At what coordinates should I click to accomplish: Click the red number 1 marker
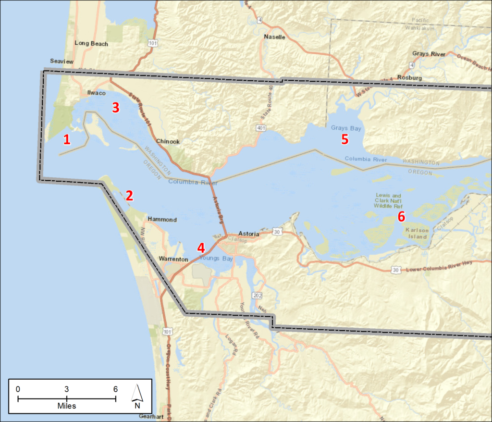click(67, 140)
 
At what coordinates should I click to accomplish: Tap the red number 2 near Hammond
click(129, 195)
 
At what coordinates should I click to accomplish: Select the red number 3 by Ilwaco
click(116, 107)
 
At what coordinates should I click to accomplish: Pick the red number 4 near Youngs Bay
click(201, 248)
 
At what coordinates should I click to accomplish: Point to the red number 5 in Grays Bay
click(344, 140)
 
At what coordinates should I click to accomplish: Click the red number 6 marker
click(401, 217)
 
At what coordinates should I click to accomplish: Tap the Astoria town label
click(249, 234)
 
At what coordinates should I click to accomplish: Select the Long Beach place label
click(91, 44)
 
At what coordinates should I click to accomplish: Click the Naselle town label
click(275, 37)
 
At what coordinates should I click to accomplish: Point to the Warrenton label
click(173, 259)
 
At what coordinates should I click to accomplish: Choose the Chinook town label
click(168, 142)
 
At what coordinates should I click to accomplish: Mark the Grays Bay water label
click(346, 128)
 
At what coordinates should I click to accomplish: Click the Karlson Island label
click(417, 233)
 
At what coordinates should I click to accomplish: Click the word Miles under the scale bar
click(66, 406)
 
